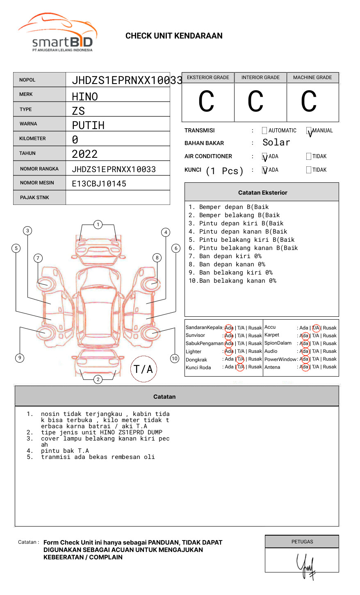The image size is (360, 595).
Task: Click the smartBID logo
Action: click(x=57, y=33)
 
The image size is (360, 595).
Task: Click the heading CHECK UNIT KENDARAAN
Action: click(x=174, y=36)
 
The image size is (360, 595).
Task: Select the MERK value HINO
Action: click(x=85, y=97)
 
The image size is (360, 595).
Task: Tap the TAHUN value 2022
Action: click(x=84, y=154)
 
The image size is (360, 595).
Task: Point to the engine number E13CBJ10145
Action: click(x=99, y=184)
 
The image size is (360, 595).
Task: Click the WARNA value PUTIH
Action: click(x=88, y=125)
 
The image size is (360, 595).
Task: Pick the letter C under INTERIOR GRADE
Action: click(x=255, y=102)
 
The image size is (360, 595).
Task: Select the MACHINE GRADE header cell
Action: click(x=312, y=77)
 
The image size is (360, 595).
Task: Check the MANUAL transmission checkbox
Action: click(x=309, y=131)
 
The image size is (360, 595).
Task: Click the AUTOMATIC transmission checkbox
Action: click(x=264, y=131)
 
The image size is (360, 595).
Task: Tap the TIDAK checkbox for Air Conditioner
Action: click(x=309, y=156)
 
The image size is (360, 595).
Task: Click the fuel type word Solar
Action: click(x=276, y=143)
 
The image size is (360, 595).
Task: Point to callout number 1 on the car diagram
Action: click(x=98, y=224)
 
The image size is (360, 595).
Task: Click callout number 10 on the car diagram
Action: click(x=175, y=359)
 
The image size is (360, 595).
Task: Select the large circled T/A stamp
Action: click(x=144, y=369)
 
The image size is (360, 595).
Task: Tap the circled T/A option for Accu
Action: click(x=316, y=328)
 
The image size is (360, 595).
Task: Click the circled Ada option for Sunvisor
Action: click(x=229, y=336)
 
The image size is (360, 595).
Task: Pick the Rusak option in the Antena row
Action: click(x=330, y=367)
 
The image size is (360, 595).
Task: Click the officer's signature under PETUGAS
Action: click(x=306, y=566)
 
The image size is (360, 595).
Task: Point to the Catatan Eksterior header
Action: click(x=262, y=193)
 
